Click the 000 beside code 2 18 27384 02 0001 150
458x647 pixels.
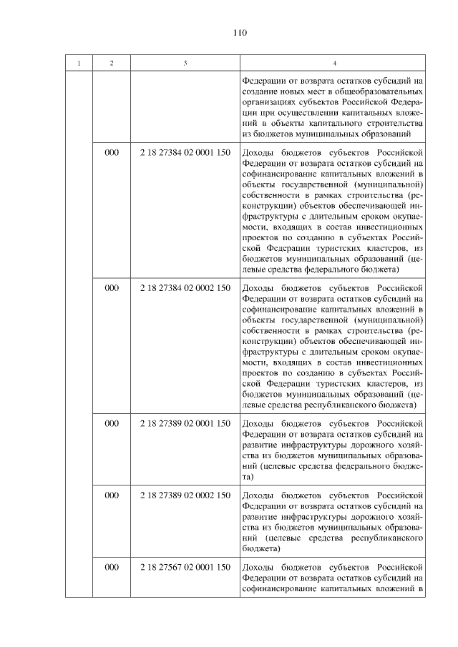coord(112,153)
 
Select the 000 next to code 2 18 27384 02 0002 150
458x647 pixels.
coord(112,288)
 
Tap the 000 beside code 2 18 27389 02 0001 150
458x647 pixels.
coord(112,424)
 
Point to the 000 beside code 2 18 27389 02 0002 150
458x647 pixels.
coord(112,495)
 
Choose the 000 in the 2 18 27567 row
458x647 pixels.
coord(112,567)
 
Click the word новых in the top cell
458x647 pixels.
coord(294,92)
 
